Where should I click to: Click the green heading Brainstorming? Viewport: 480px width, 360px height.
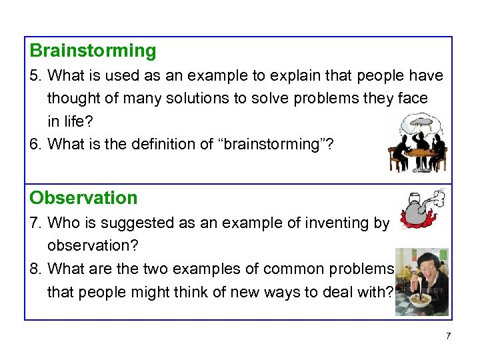point(93,51)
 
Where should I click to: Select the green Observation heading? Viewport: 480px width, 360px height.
point(84,198)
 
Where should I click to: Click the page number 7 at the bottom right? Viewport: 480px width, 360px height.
point(448,336)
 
